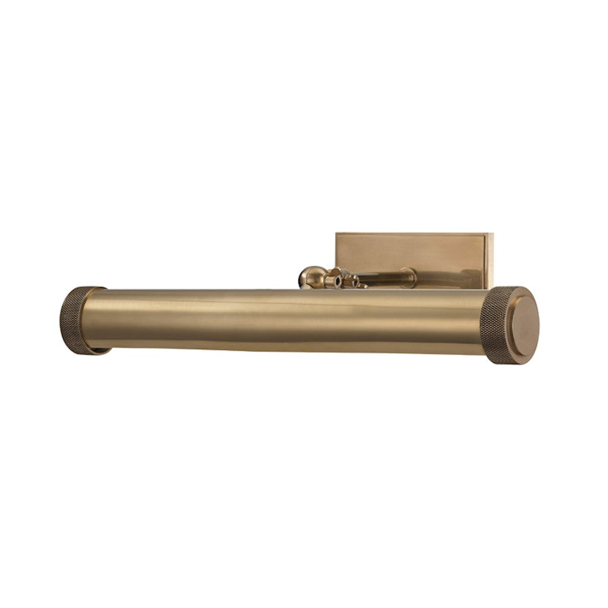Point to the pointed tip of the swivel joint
point(365,286)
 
